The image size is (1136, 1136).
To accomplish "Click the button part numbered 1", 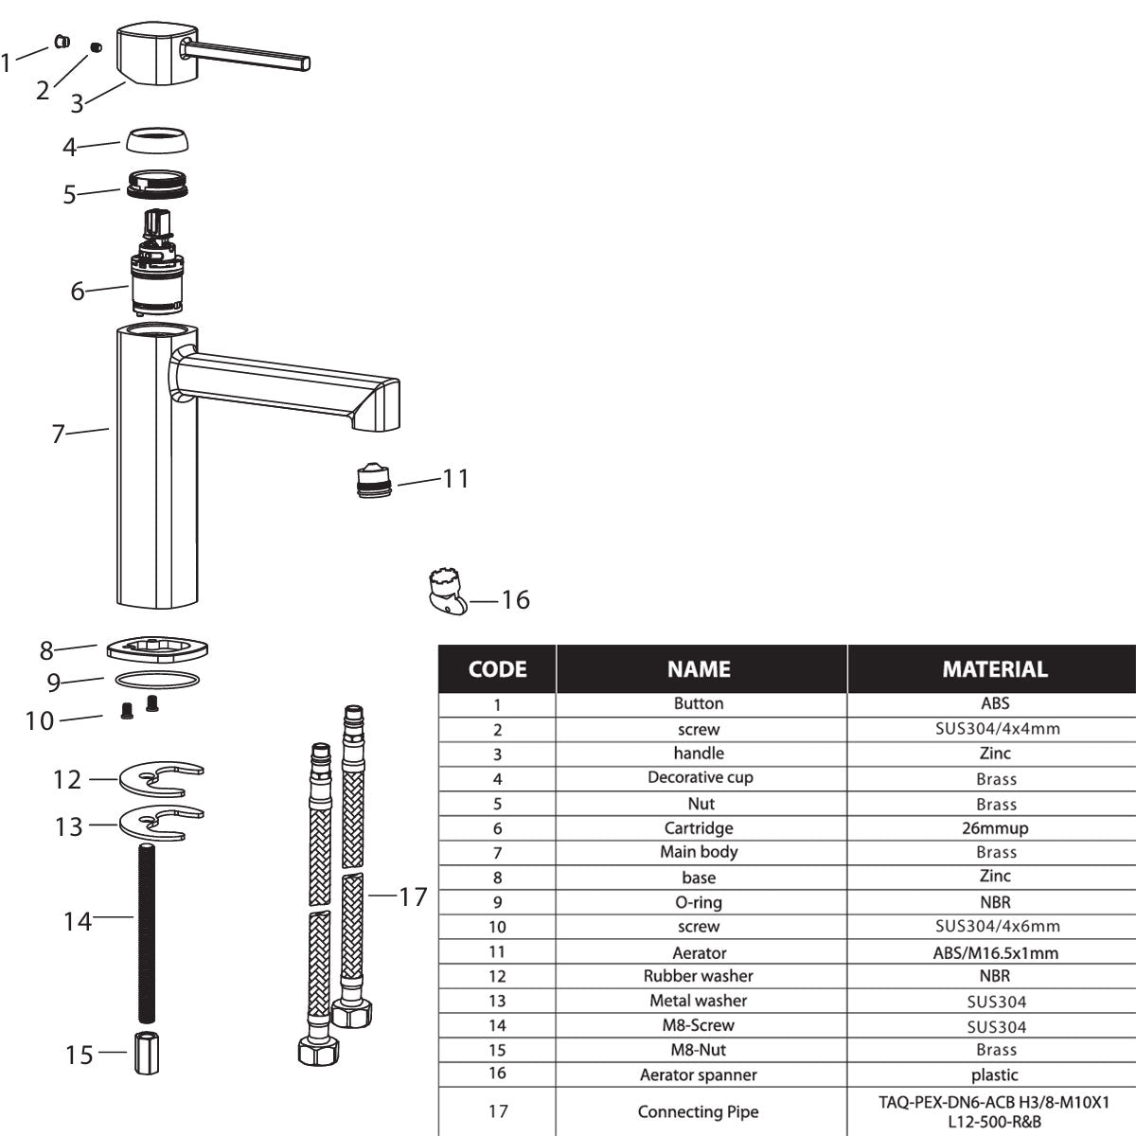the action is [x=62, y=42].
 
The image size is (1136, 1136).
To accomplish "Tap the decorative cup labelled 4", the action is [x=157, y=140].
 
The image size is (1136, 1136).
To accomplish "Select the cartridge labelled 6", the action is [x=156, y=262].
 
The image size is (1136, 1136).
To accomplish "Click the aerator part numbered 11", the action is [x=374, y=480].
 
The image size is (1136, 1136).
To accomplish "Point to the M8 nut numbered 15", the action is [x=147, y=1054].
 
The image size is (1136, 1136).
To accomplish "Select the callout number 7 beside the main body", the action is [x=58, y=435].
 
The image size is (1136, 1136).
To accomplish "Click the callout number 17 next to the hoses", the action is [x=413, y=897].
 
